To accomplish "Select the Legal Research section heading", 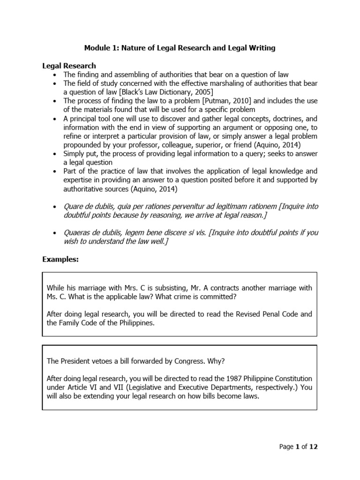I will (69, 66).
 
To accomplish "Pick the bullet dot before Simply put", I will (56, 154).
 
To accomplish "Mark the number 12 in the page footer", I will (314, 447).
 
